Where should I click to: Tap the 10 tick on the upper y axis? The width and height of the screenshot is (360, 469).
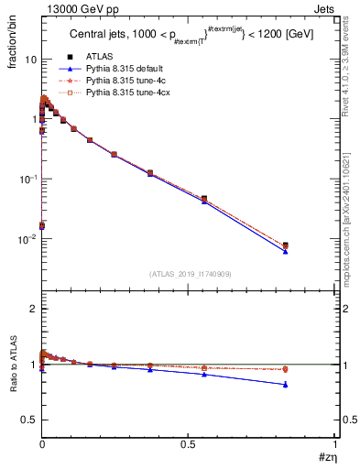[x=30, y=59]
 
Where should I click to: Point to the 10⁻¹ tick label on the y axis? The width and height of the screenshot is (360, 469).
[x=28, y=179]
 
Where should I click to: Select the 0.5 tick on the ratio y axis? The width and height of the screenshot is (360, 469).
[x=29, y=420]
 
